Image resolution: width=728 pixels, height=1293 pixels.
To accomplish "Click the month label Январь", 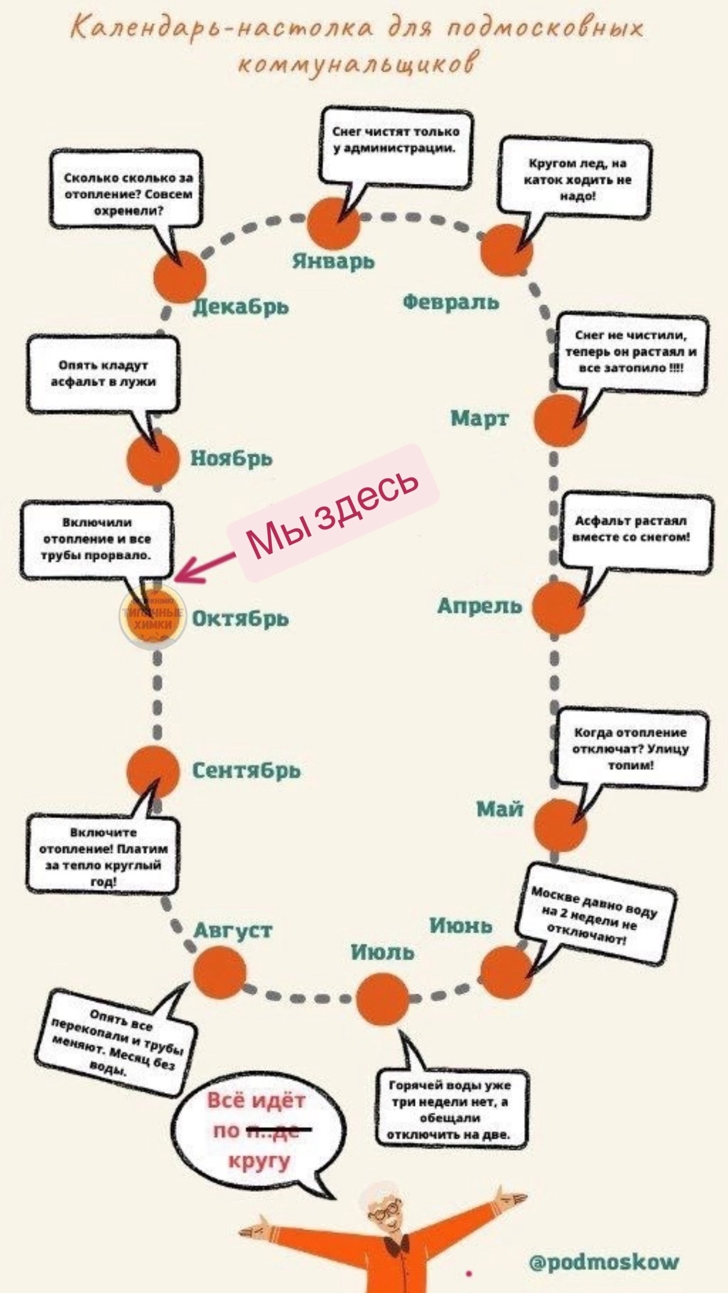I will tap(333, 262).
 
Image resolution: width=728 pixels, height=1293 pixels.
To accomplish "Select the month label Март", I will tap(479, 418).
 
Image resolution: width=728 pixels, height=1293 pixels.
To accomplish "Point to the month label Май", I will tap(500, 809).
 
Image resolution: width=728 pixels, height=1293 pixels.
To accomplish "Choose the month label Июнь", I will tap(461, 925).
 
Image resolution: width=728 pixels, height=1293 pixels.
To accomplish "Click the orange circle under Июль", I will tap(383, 998).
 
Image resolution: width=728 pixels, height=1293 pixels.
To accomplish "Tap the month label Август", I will tap(233, 930).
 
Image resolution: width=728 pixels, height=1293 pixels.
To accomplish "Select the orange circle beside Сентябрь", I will tap(153, 772).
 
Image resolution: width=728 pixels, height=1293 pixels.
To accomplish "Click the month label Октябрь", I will tap(240, 618).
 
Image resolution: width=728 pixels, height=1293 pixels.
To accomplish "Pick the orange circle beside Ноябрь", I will tap(153, 458).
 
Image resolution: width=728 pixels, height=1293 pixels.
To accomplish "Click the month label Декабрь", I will tap(241, 306).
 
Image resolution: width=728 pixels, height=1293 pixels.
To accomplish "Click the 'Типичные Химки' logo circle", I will tap(153, 619).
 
